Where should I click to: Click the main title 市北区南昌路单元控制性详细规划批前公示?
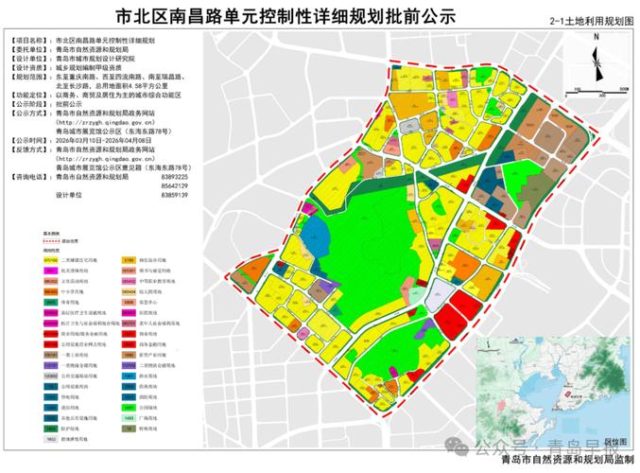(284, 17)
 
